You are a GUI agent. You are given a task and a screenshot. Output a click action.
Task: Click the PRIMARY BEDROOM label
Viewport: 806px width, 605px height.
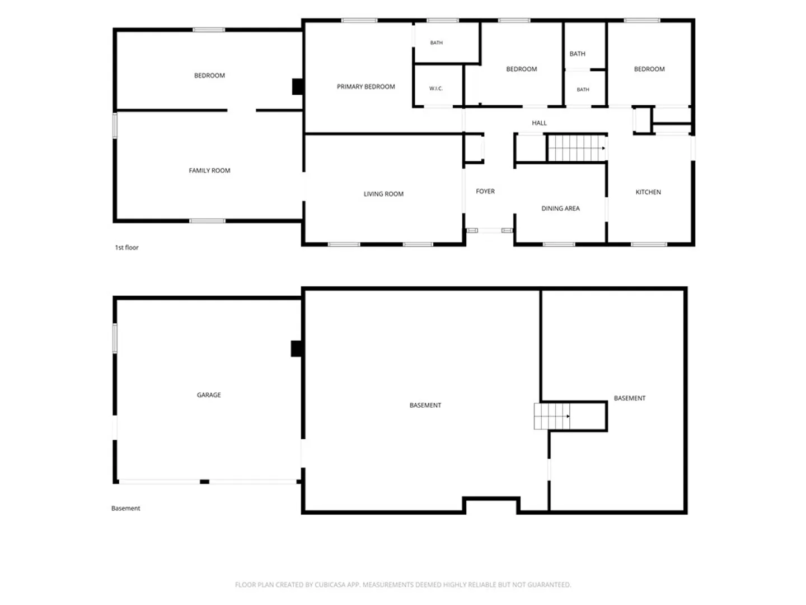[x=365, y=87]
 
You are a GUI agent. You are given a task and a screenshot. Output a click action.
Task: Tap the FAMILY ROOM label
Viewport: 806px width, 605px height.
[x=209, y=170]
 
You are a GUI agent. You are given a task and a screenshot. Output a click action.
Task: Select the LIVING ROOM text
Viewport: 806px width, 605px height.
[x=383, y=194]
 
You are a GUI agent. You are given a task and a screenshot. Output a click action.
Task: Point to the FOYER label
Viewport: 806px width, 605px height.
[x=485, y=192]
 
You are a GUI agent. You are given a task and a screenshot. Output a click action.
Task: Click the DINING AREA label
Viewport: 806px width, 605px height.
[x=560, y=208]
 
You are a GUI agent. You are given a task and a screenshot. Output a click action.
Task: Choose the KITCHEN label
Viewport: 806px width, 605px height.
[x=648, y=192]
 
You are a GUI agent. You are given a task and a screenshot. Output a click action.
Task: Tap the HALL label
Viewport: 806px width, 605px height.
[x=539, y=123]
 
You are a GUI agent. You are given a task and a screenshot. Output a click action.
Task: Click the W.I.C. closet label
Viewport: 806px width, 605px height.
[x=436, y=89]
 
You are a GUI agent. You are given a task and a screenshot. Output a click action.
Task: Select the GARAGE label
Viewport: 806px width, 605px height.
[x=209, y=395]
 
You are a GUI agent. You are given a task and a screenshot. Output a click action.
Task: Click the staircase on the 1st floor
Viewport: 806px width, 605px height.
[x=576, y=148]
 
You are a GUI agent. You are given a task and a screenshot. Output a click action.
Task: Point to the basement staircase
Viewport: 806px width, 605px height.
[x=552, y=416]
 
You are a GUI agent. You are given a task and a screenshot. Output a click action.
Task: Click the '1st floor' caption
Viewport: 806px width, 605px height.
[x=126, y=248]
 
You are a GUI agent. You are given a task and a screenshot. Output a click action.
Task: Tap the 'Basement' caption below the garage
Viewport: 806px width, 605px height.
[x=125, y=509]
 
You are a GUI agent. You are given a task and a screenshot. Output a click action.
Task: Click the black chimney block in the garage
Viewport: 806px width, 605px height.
[x=297, y=348]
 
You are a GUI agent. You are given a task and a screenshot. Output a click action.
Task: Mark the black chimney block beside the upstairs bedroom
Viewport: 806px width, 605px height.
[x=297, y=87]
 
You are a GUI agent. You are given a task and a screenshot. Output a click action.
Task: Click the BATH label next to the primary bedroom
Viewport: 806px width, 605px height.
[x=436, y=43]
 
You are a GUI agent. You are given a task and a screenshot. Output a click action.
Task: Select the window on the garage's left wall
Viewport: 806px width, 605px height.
[x=115, y=338]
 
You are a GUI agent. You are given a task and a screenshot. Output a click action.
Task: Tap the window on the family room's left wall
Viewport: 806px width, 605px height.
[x=115, y=125]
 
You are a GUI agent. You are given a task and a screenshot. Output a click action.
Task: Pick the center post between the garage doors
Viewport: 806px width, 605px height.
[x=204, y=482]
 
